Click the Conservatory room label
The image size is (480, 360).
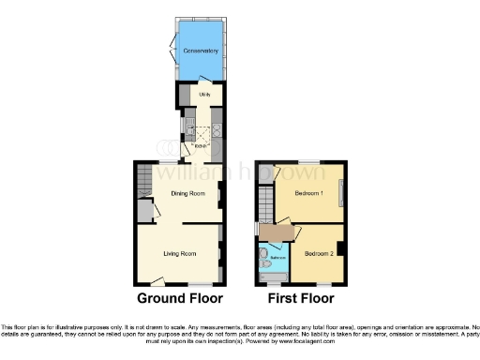coord(201,50)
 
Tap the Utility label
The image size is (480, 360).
coord(204,95)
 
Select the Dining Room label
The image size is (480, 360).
coord(187,193)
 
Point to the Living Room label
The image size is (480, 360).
coord(179,253)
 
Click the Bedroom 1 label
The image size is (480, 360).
coord(309,193)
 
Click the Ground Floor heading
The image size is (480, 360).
coord(180,299)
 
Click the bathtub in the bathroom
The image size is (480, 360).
coord(274,276)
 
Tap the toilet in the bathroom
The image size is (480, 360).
coord(263,255)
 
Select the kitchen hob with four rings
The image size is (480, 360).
coord(216,132)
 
